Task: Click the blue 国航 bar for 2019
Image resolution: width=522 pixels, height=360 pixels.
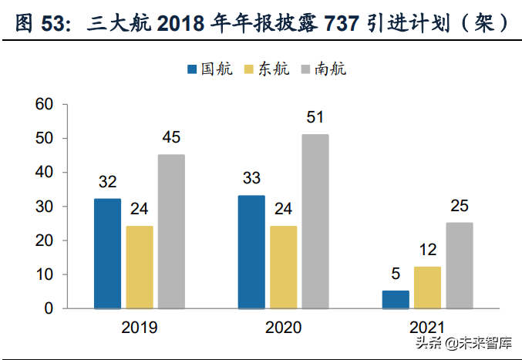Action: coord(107,254)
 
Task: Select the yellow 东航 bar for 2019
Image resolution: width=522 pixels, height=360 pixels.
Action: coord(140,267)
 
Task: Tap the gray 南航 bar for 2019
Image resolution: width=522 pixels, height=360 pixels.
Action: coord(171,231)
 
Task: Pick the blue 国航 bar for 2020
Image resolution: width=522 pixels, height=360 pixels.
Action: coord(251,252)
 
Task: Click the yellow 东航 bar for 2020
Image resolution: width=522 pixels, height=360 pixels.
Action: coord(283,267)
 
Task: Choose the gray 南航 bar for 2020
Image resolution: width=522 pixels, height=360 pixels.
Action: coord(315,221)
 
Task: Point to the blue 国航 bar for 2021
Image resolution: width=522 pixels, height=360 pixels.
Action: coord(396,299)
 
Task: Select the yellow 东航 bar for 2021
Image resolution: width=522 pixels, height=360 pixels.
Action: coord(427,288)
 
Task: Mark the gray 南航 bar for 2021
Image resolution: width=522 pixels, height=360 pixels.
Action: coord(460,265)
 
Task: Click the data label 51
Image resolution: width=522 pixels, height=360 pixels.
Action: coord(315,118)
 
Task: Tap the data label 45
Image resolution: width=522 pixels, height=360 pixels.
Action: coord(171,138)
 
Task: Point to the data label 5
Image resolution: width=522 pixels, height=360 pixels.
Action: coord(396,274)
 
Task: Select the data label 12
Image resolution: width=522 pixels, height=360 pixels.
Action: coord(427,250)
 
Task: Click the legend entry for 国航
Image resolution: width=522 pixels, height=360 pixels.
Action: coord(205,69)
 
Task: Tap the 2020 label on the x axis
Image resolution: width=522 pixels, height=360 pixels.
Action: coord(283,327)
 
